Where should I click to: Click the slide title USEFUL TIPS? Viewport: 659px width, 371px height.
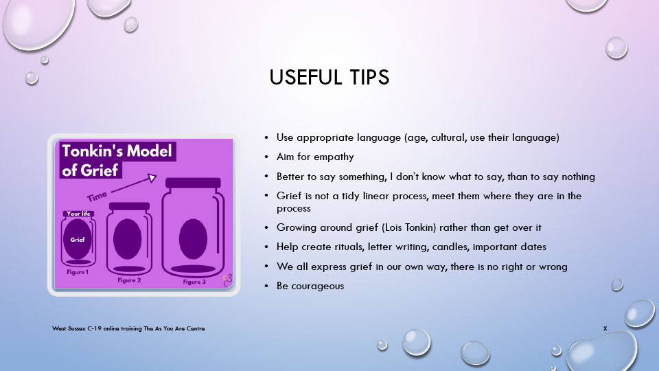coord(329,78)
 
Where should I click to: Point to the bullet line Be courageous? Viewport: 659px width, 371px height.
coord(310,285)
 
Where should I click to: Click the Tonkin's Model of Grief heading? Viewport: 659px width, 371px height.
coord(117,159)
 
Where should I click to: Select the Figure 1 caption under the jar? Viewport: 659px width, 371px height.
coord(78,272)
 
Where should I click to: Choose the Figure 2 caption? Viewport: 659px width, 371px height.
coord(128,280)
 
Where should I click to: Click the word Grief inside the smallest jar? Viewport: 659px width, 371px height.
coord(78,240)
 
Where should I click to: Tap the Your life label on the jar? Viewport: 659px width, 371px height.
coord(78,214)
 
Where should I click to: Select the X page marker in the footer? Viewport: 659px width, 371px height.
coord(605,328)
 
